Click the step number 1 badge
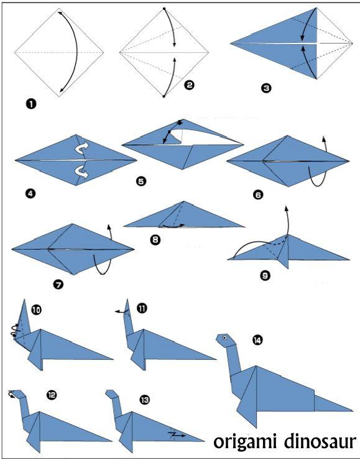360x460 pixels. tap(31, 104)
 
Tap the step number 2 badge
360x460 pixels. tap(189, 85)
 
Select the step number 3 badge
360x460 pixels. tap(266, 88)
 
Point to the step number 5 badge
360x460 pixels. tap(141, 182)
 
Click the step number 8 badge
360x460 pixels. tap(155, 240)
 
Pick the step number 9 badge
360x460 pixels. tap(265, 275)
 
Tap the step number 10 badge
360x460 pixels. tap(37, 310)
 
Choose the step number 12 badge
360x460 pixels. tap(52, 395)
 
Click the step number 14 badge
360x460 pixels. tap(257, 340)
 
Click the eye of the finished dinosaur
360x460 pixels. tap(224, 338)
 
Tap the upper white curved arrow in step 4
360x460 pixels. tap(81, 147)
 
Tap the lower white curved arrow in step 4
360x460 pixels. tap(81, 172)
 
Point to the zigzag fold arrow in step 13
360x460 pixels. tap(177, 435)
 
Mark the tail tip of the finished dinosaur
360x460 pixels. tap(352, 411)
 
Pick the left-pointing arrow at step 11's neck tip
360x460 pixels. tap(121, 312)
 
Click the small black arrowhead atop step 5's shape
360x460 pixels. tap(180, 122)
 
